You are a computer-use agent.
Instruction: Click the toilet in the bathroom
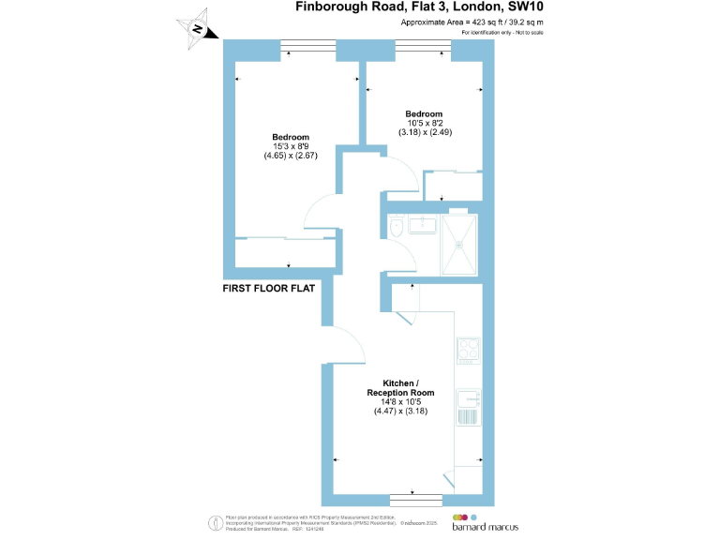click(395, 229)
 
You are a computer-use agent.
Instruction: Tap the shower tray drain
click(458, 244)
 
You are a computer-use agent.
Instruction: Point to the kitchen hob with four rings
click(467, 351)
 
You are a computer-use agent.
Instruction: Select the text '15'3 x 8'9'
click(291, 146)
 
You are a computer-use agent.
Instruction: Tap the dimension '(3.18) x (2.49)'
click(425, 132)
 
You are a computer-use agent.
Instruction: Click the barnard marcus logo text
click(487, 528)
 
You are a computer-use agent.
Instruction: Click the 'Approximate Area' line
click(472, 22)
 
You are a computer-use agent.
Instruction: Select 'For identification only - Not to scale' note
click(502, 33)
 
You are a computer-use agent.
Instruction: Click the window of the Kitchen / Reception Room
click(415, 497)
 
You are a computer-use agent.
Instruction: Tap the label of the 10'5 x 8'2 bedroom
click(425, 113)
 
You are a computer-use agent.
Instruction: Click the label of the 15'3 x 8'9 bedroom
click(291, 137)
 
